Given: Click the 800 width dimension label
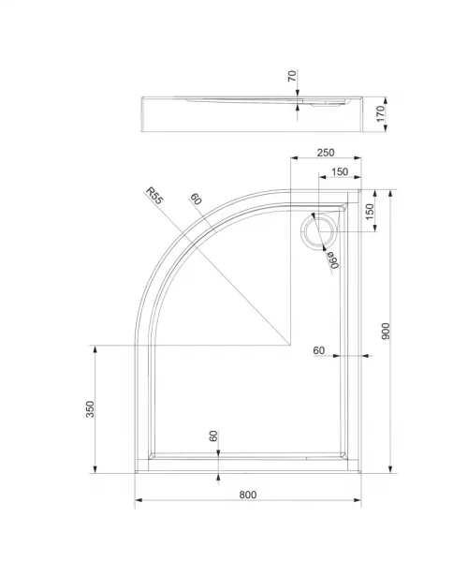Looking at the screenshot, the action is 248,495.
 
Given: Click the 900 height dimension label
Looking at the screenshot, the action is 386,332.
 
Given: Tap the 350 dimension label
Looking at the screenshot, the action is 90,409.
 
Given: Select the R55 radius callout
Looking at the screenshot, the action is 154,196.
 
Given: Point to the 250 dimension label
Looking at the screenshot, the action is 326,153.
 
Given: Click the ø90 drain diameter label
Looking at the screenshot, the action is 332,259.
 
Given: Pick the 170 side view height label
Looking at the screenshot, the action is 381,113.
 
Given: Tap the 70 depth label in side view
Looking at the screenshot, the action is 292,76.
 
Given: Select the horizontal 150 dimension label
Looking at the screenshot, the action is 340,171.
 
